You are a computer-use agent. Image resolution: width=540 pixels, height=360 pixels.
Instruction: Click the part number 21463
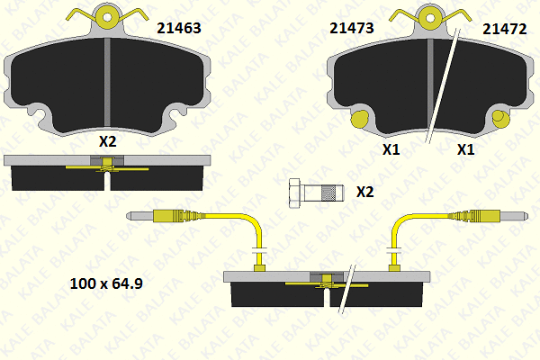pyautogui.click(x=179, y=28)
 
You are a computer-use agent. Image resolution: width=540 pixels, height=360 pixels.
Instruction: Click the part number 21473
pyautogui.click(x=352, y=28)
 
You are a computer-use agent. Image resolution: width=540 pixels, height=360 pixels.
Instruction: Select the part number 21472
pyautogui.click(x=505, y=30)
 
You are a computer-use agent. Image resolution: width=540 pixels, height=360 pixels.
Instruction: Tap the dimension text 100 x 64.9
pyautogui.click(x=106, y=283)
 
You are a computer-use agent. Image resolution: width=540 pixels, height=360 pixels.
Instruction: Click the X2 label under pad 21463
pyautogui.click(x=107, y=141)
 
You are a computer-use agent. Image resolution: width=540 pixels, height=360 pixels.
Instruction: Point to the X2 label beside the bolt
pyautogui.click(x=364, y=192)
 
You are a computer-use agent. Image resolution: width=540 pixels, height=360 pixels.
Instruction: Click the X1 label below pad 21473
pyautogui.click(x=391, y=149)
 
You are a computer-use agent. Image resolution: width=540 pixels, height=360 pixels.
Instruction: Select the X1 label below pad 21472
pyautogui.click(x=465, y=149)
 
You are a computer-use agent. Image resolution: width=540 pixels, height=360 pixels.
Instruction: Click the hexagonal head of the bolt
pyautogui.click(x=295, y=193)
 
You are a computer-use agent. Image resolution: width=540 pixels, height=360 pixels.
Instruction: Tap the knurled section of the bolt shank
pyautogui.click(x=328, y=193)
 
